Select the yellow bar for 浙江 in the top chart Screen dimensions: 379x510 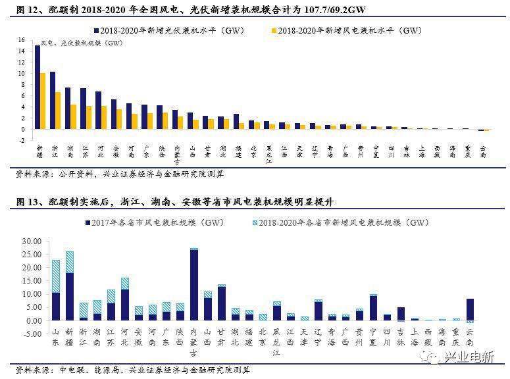(x=58, y=111)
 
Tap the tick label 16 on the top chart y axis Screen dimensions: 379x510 (x=21, y=40)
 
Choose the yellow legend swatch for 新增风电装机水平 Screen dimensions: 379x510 (x=273, y=31)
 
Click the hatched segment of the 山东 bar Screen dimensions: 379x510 (x=56, y=276)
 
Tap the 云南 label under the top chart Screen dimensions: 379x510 (x=484, y=152)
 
